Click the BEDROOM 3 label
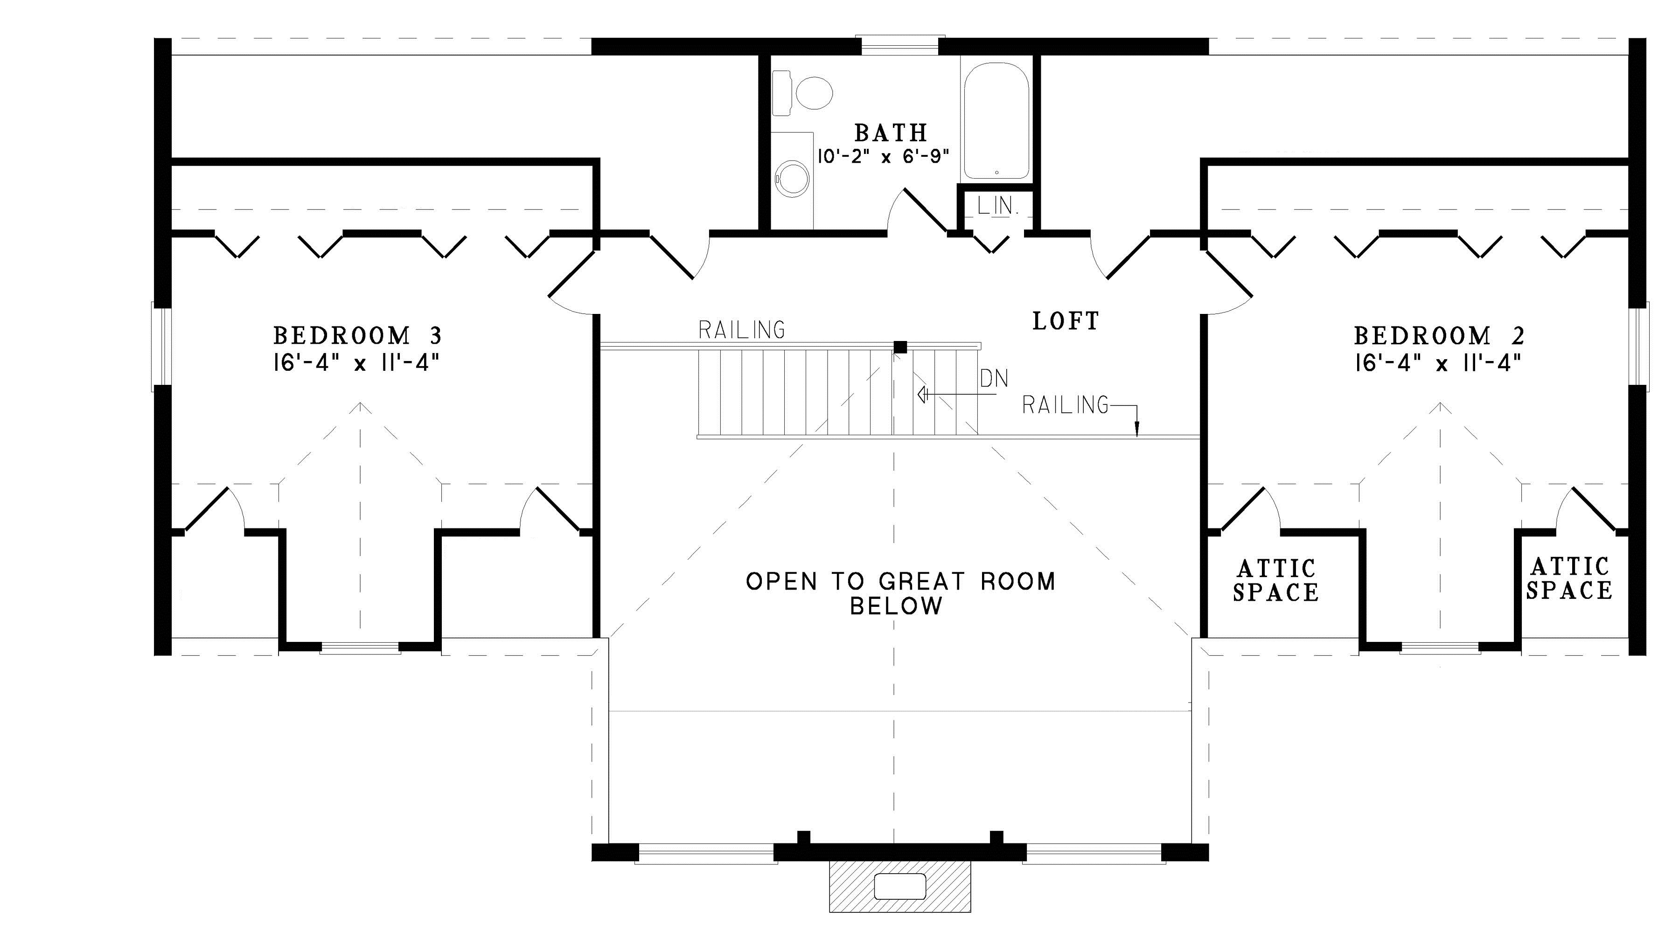[x=357, y=336]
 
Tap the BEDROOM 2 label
[x=1439, y=336]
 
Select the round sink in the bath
[x=793, y=177]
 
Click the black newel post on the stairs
[x=900, y=348]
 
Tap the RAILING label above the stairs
[x=742, y=330]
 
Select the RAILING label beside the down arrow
[x=1065, y=405]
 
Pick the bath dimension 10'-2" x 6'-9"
[x=883, y=158]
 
